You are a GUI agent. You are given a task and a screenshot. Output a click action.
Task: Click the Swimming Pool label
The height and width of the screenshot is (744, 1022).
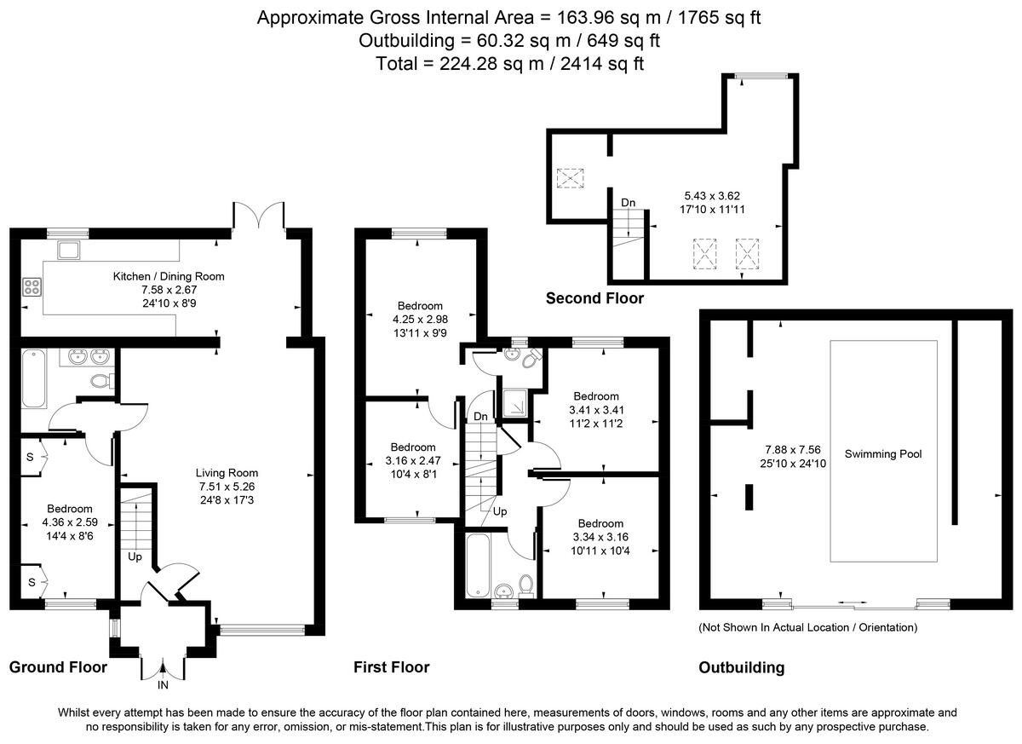883,454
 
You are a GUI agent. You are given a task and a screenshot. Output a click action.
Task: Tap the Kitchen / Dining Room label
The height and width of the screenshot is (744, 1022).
169,276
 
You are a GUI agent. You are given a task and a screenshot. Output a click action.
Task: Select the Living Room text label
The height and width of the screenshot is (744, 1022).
227,473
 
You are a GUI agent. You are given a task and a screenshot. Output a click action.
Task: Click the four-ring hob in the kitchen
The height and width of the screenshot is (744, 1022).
32,287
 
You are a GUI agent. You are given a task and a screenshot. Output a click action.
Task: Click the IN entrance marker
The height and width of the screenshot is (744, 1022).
163,684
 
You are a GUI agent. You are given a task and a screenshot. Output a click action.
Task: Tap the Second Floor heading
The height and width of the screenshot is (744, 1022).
594,298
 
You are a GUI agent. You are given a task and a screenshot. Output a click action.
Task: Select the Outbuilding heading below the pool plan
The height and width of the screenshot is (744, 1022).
741,668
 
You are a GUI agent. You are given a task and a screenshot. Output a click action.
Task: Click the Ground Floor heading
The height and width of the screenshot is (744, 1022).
58,667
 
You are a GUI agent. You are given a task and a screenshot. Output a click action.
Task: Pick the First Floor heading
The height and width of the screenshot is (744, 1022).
391,667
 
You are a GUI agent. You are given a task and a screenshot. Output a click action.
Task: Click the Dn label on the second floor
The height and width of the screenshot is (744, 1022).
628,202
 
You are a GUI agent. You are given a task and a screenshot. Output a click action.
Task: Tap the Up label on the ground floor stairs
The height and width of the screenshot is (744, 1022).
135,557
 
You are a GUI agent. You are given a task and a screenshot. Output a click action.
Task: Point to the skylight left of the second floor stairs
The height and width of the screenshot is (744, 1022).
569,179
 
